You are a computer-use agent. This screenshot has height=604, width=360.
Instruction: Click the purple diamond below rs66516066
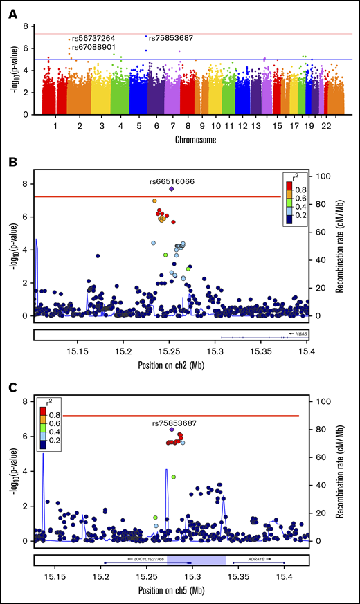coord(171,189)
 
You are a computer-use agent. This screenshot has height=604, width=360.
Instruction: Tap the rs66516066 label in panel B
coord(172,181)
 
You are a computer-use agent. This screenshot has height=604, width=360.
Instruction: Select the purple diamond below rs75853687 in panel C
coord(172,430)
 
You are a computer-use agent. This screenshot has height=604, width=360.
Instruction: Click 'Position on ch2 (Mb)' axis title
coord(170,361)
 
